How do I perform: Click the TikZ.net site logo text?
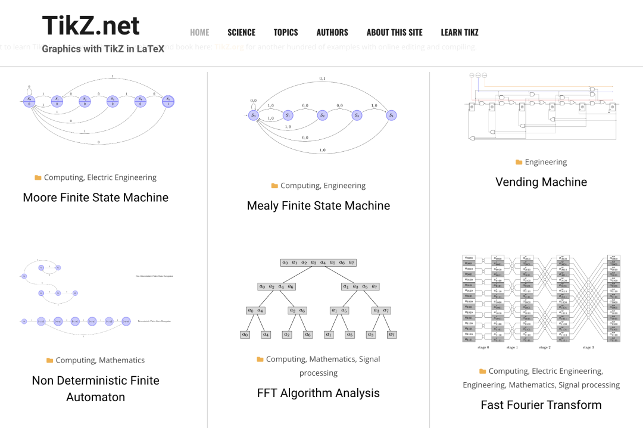point(90,26)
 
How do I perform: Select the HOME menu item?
point(199,32)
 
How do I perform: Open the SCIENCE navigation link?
point(241,32)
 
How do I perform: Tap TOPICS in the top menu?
point(286,32)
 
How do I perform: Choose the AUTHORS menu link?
point(332,32)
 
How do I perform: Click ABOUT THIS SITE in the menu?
point(394,32)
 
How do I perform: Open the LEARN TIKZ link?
point(459,32)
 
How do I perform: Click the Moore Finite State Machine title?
point(95,197)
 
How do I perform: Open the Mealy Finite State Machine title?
point(319,205)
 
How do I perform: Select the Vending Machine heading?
point(541,182)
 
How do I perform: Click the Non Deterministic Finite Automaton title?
point(95,388)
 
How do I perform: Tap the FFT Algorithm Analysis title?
point(319,393)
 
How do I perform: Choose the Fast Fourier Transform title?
point(541,405)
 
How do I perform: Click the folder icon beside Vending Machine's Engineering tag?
point(519,162)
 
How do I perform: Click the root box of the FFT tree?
point(318,263)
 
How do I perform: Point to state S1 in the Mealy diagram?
point(288,115)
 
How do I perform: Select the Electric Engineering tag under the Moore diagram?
point(121,177)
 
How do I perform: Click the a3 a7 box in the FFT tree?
point(380,310)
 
